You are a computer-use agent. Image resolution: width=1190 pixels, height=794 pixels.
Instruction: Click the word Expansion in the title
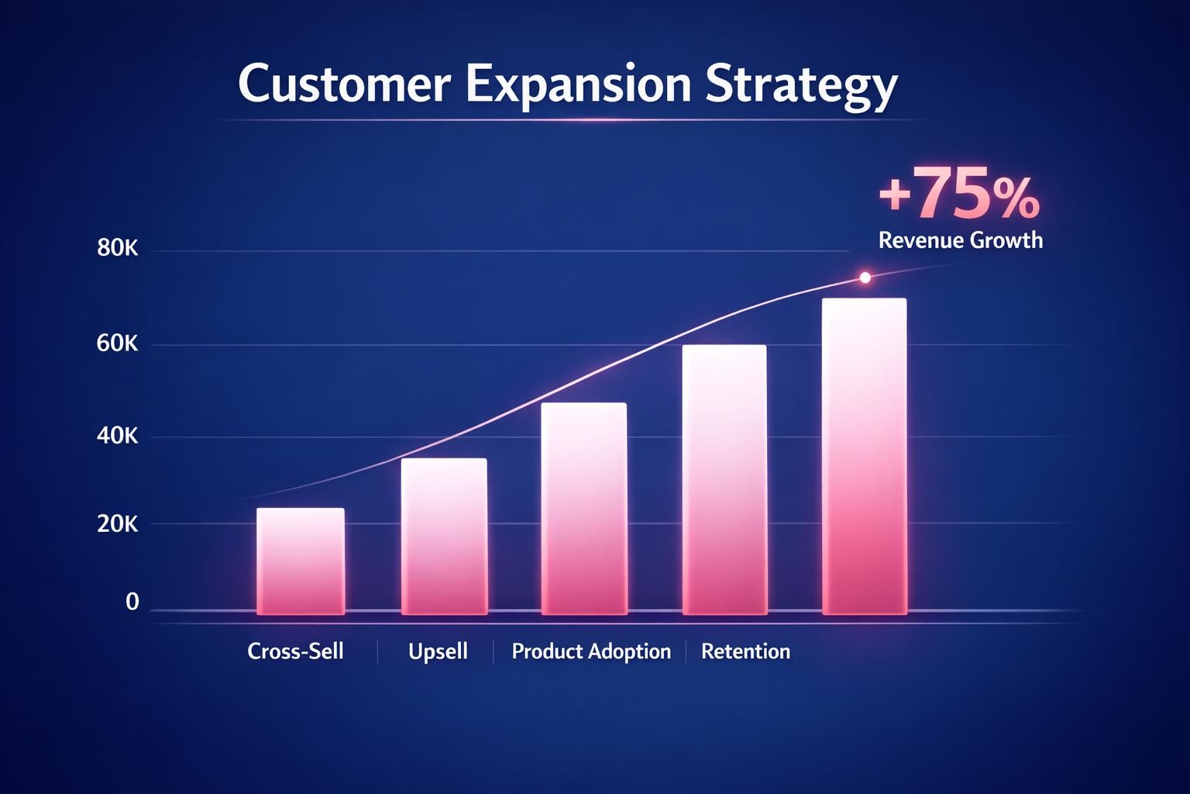(x=577, y=85)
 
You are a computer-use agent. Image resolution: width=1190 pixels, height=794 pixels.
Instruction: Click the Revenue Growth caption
(x=961, y=240)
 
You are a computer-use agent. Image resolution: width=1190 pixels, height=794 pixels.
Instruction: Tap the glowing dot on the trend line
(x=865, y=278)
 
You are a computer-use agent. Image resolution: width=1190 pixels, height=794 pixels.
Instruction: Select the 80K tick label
(x=118, y=249)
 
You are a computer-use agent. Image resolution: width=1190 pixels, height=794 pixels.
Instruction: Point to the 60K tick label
(x=118, y=343)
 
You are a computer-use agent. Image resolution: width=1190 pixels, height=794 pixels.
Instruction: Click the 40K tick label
(x=118, y=437)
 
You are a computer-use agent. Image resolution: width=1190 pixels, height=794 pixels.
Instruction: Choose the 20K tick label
(x=118, y=524)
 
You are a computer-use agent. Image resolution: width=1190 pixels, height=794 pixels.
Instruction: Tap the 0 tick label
(x=132, y=602)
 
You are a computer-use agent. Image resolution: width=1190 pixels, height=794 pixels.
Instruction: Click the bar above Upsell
(x=444, y=536)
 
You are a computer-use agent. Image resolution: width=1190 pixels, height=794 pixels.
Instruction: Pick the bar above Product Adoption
(x=583, y=508)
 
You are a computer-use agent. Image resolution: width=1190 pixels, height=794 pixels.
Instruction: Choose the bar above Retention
(x=724, y=479)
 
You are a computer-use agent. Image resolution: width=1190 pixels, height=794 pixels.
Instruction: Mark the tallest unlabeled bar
(x=864, y=456)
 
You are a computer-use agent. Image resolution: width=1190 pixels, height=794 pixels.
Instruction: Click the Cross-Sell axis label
(x=295, y=651)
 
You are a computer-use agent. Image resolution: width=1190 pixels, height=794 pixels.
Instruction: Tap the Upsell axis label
(x=438, y=651)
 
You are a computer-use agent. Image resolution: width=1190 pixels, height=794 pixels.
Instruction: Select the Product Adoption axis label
(x=591, y=651)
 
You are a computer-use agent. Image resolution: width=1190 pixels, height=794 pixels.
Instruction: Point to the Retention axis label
(x=745, y=651)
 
